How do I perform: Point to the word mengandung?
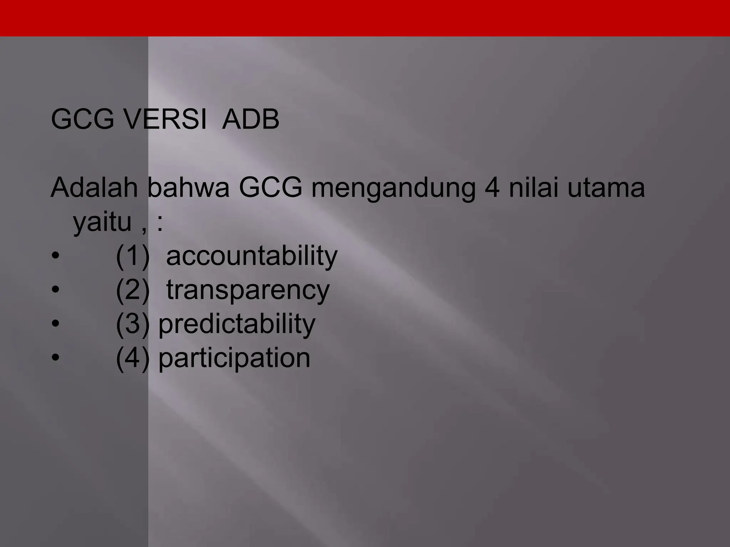pyautogui.click(x=393, y=189)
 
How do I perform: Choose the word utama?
pyautogui.click(x=606, y=189)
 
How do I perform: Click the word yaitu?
pyautogui.click(x=102, y=222)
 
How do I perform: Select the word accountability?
pyautogui.click(x=252, y=256)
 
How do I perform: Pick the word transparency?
pyautogui.click(x=248, y=291)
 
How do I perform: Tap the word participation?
pyautogui.click(x=234, y=358)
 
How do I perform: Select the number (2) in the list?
pyautogui.click(x=133, y=290)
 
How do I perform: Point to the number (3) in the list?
pyautogui.click(x=133, y=324)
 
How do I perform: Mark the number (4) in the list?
pyautogui.click(x=133, y=358)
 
